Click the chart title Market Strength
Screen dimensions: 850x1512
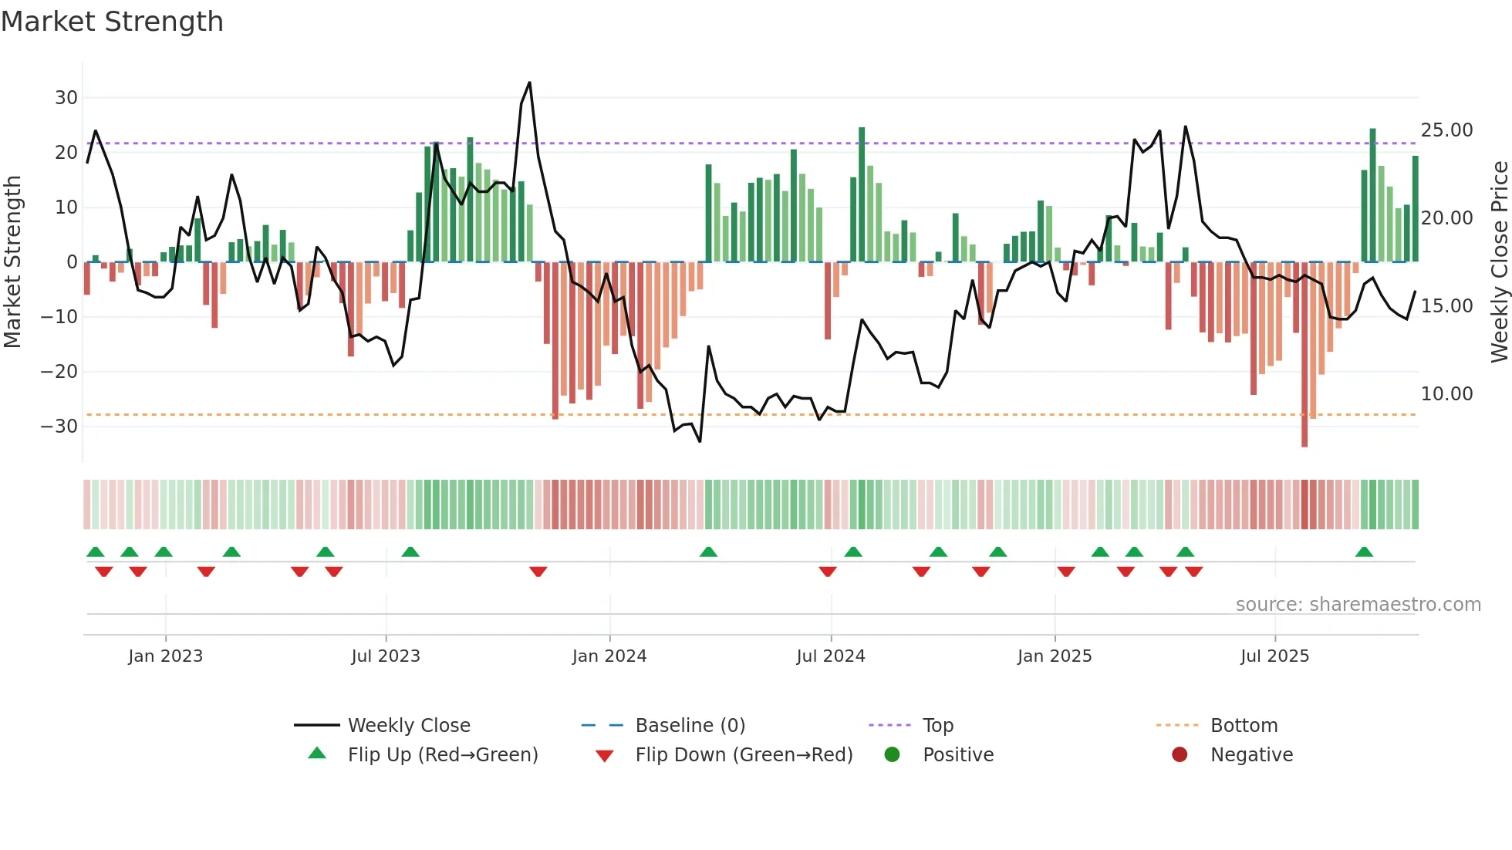pyautogui.click(x=112, y=22)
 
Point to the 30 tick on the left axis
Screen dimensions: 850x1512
pyautogui.click(x=66, y=98)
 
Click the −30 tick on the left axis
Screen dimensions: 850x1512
pyautogui.click(x=59, y=427)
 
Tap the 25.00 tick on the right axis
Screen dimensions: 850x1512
pyautogui.click(x=1446, y=130)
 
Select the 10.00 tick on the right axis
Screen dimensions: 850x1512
pyautogui.click(x=1446, y=394)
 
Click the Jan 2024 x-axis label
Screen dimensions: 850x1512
pyautogui.click(x=609, y=656)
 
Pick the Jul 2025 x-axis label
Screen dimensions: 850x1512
pyautogui.click(x=1274, y=656)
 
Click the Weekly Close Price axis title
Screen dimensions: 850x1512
pyautogui.click(x=1499, y=262)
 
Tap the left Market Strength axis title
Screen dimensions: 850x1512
pyautogui.click(x=12, y=262)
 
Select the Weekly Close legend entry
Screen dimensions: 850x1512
pyautogui.click(x=408, y=726)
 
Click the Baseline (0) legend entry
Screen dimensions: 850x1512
pyautogui.click(x=690, y=726)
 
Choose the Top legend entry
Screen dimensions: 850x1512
pyautogui.click(x=937, y=726)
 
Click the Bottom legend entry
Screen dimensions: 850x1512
pyautogui.click(x=1244, y=726)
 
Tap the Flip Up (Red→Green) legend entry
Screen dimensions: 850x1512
pyautogui.click(x=442, y=755)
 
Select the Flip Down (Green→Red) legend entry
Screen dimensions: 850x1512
pyautogui.click(x=744, y=755)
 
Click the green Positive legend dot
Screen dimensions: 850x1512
pyautogui.click(x=893, y=755)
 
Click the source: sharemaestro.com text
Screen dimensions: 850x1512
pyautogui.click(x=1358, y=605)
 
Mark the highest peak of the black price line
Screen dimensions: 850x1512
pyautogui.click(x=529, y=83)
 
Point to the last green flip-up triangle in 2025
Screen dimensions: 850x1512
pyautogui.click(x=1364, y=552)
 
